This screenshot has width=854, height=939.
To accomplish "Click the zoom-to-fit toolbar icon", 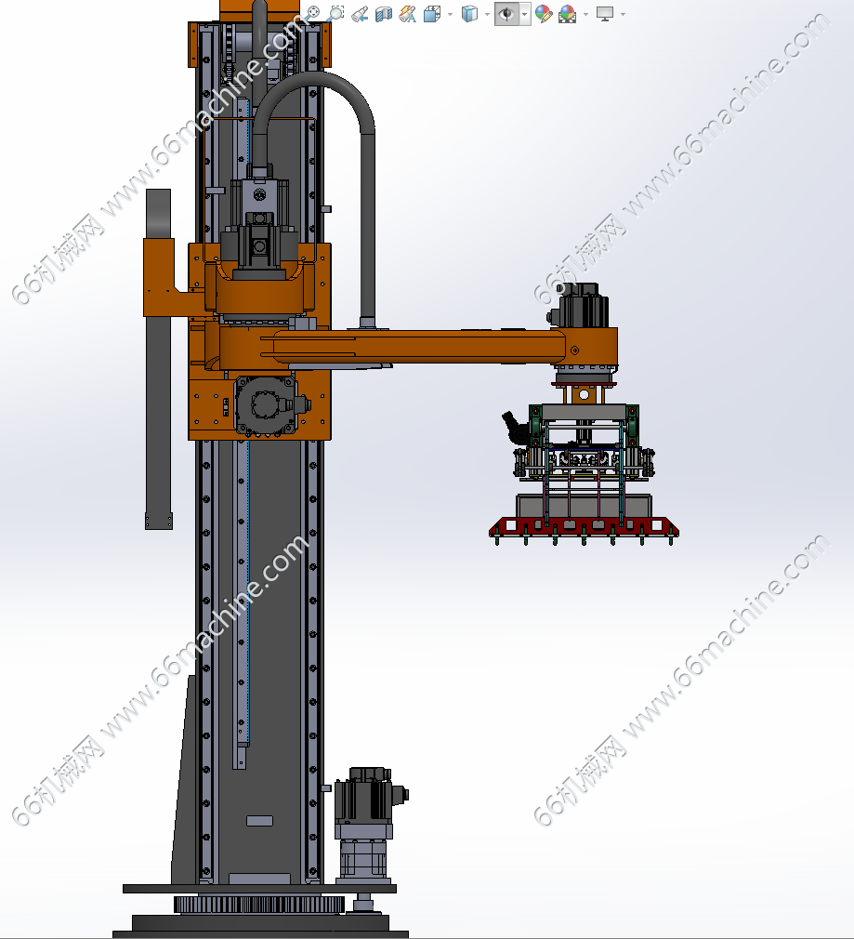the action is [x=312, y=13].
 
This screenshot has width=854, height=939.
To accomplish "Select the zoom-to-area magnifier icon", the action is [x=335, y=13].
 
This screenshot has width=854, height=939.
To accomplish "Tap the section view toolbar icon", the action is [x=383, y=14].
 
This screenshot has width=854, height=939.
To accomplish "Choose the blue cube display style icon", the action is [x=470, y=14].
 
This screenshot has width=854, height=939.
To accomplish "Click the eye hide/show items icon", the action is [x=506, y=14].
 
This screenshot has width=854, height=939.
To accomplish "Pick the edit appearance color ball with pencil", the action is [x=544, y=14].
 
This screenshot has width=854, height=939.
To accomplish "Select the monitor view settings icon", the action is [x=604, y=14].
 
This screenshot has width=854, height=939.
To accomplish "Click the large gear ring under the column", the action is [x=258, y=904].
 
